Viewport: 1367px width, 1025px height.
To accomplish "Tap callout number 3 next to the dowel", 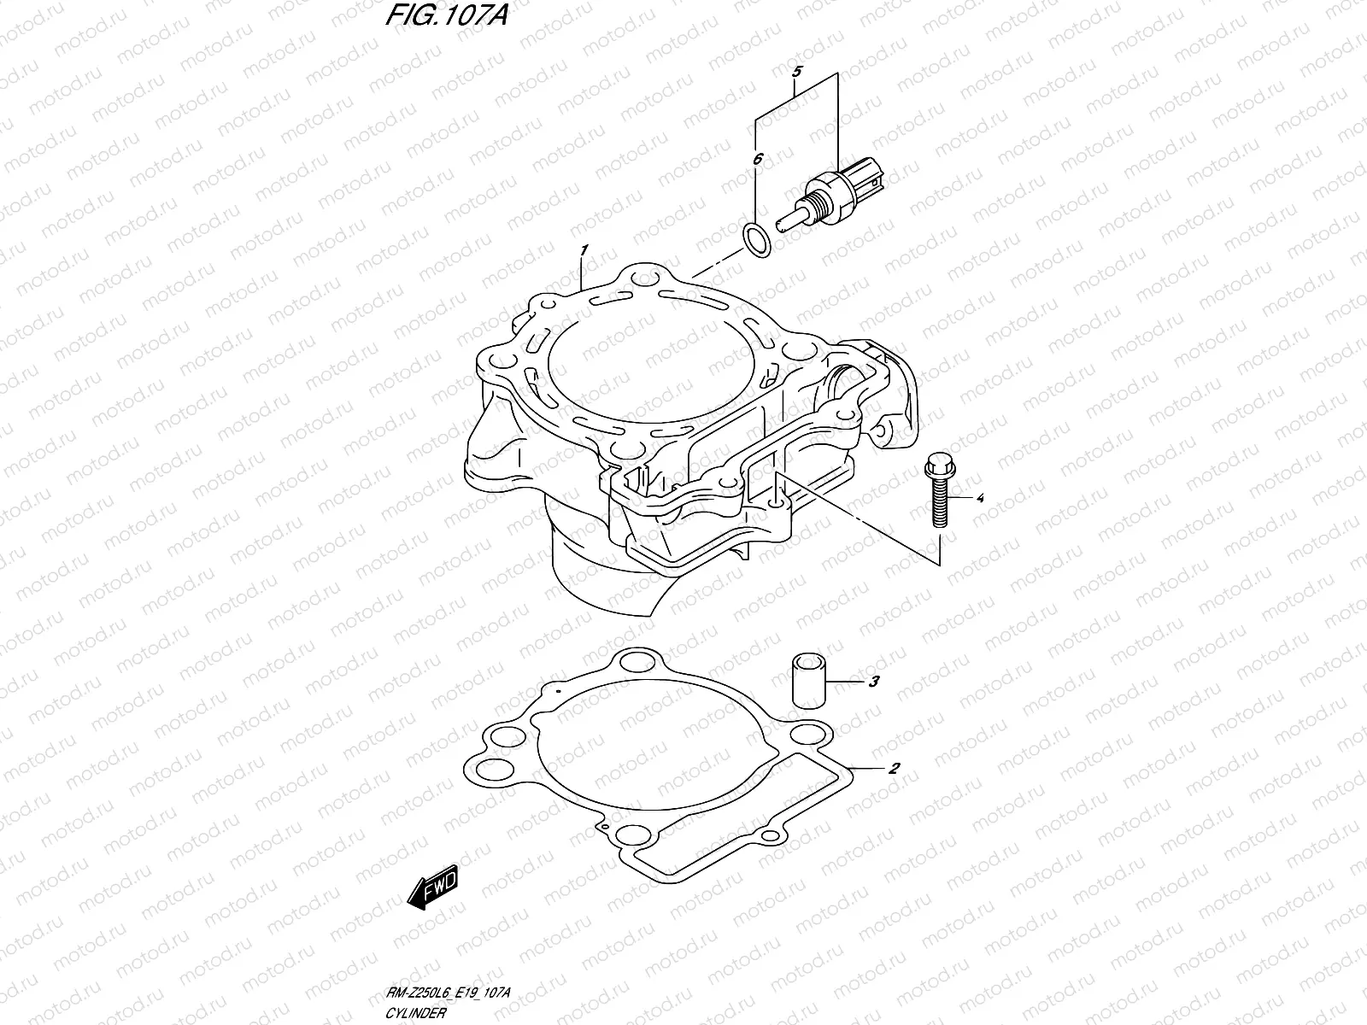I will pos(873,682).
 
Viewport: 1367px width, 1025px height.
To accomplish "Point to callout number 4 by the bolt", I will pos(980,496).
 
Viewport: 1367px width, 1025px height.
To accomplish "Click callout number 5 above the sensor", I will pos(795,72).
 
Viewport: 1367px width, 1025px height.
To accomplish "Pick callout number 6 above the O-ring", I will pos(756,158).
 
